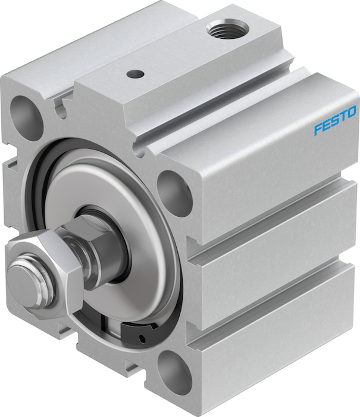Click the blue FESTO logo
(x=335, y=120)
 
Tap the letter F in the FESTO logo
(x=318, y=129)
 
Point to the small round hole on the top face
(x=135, y=73)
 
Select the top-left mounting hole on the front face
(x=26, y=117)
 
